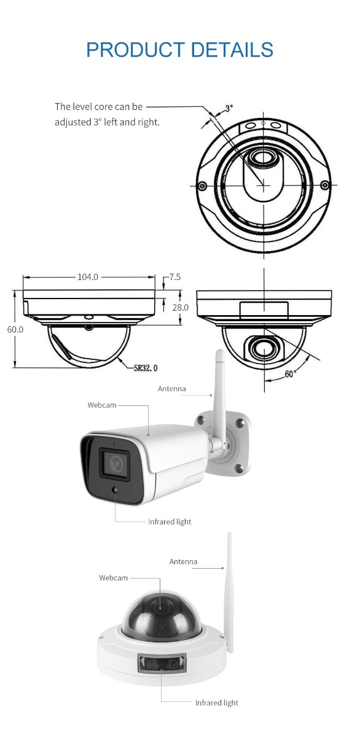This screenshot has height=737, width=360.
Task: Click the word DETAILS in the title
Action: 232,49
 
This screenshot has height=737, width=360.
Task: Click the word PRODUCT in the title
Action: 135,49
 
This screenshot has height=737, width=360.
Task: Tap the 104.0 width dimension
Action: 88,277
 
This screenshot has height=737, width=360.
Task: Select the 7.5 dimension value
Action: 175,277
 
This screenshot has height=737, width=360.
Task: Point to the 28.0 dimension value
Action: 181,308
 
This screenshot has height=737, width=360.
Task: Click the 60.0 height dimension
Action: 15,329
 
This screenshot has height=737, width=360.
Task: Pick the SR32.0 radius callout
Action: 146,367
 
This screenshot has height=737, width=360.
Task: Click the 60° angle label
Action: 290,374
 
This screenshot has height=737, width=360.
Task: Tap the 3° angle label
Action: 229,108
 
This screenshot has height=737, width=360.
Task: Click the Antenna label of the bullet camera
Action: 172,389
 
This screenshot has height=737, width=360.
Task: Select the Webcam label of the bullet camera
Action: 102,405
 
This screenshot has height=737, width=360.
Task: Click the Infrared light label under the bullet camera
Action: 170,522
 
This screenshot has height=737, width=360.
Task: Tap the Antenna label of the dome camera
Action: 183,561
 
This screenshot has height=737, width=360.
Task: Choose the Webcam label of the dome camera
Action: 113,578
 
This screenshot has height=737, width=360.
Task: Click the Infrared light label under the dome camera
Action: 216,703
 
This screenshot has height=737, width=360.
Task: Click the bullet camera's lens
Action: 115,463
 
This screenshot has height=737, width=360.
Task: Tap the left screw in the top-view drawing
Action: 203,186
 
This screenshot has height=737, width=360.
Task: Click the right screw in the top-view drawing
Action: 325,185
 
